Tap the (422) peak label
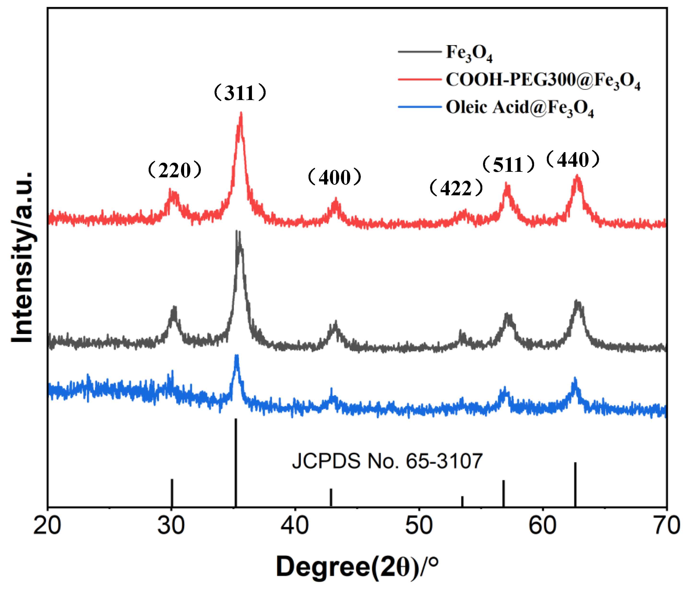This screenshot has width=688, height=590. [456, 188]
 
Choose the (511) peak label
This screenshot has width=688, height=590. [508, 165]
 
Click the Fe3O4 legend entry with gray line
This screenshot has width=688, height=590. [445, 52]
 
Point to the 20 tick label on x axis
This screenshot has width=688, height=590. [47, 526]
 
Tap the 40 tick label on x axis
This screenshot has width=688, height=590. [295, 526]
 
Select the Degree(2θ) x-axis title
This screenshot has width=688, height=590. [357, 567]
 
